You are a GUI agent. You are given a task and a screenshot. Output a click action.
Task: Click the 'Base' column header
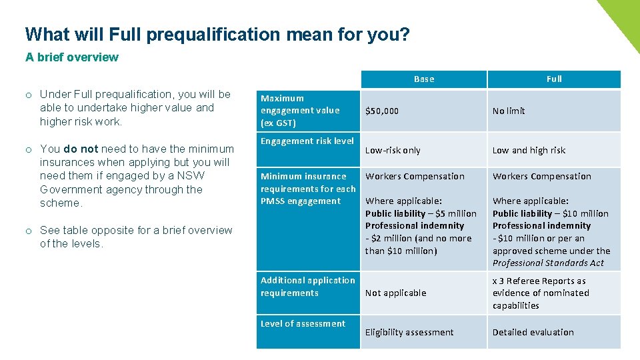coord(424,79)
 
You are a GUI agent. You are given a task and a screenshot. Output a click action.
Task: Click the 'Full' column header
coord(554,79)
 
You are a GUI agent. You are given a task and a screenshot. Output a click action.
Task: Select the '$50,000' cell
coord(382,111)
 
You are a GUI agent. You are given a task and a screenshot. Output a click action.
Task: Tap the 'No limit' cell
coord(509,111)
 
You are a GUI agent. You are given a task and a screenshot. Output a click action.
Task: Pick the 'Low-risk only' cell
coord(393,151)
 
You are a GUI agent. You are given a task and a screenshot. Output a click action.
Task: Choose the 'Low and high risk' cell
coord(529,151)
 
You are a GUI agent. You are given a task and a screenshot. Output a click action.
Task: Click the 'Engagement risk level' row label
coord(307,141)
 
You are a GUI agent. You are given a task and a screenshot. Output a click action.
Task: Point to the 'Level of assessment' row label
coord(303,324)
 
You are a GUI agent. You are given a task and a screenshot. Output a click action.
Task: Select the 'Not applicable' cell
coord(395,293)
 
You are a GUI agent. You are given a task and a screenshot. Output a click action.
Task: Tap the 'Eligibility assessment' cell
coord(409,333)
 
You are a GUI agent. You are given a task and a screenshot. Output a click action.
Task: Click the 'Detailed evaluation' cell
coord(533,333)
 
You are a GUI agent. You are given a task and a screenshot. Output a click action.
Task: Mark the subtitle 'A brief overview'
coord(72,57)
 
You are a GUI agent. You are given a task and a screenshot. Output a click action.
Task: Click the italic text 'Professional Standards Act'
coord(548,263)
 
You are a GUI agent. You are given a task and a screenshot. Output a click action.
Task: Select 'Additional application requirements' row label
coord(307,287)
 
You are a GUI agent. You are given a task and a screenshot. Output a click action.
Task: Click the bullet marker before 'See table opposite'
coord(30,231)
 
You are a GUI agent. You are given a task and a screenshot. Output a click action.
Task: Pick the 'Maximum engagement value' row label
coord(300,111)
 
